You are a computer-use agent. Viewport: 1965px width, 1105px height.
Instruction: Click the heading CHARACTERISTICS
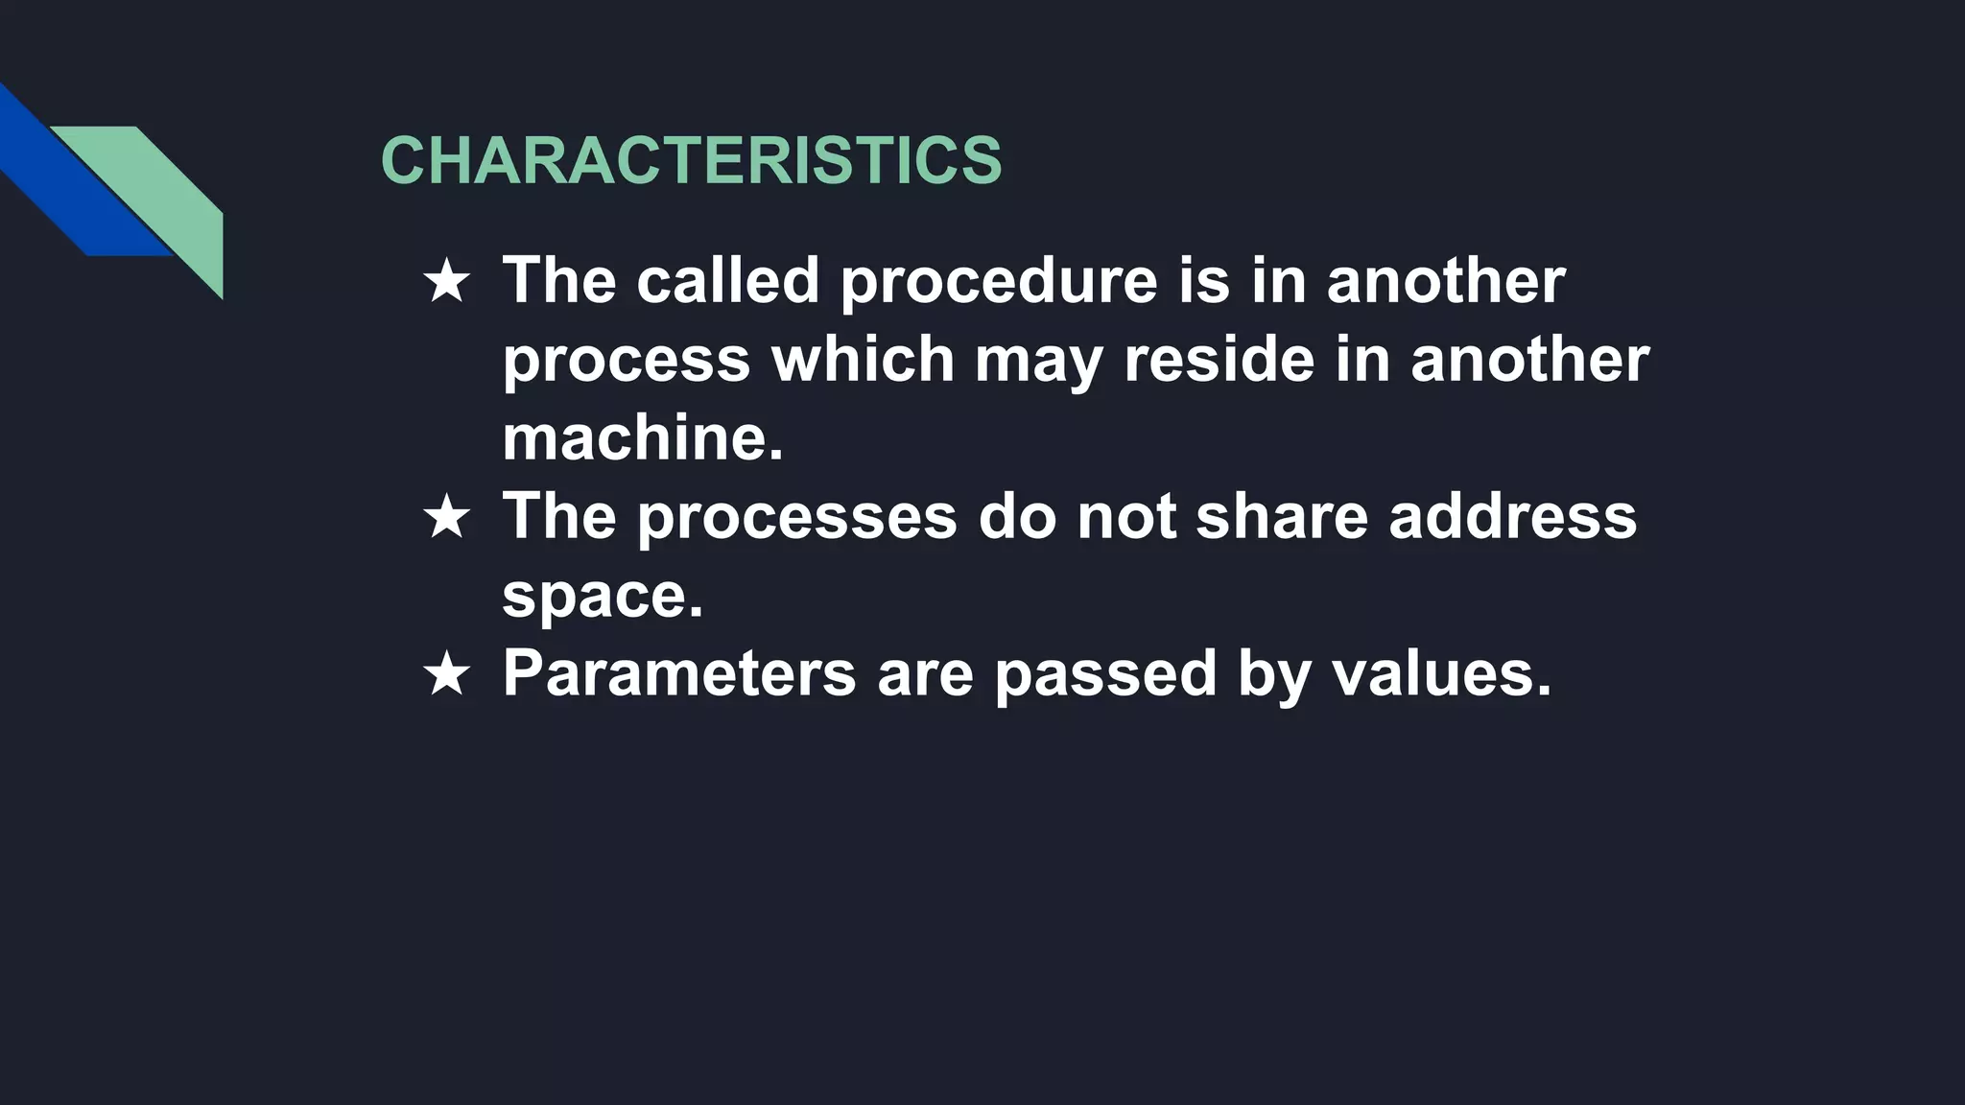[691, 159]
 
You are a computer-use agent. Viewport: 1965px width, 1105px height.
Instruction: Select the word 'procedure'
[999, 282]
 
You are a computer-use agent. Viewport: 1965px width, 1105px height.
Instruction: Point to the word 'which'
[863, 360]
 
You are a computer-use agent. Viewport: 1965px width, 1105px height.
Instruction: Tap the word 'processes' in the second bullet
[796, 518]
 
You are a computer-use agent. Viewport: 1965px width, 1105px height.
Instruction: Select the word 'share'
[1282, 517]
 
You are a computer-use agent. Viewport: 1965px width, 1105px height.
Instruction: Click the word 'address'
[1512, 517]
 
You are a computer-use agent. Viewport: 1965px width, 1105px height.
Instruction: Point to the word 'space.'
[603, 597]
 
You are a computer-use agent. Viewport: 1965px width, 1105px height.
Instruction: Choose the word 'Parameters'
[679, 673]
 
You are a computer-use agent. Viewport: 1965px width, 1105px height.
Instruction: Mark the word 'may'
[1038, 362]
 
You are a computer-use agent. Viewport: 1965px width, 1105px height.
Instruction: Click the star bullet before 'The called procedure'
[446, 283]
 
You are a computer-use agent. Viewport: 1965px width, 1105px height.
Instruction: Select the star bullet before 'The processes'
[446, 519]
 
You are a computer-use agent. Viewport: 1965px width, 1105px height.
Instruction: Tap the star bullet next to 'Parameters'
[446, 674]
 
